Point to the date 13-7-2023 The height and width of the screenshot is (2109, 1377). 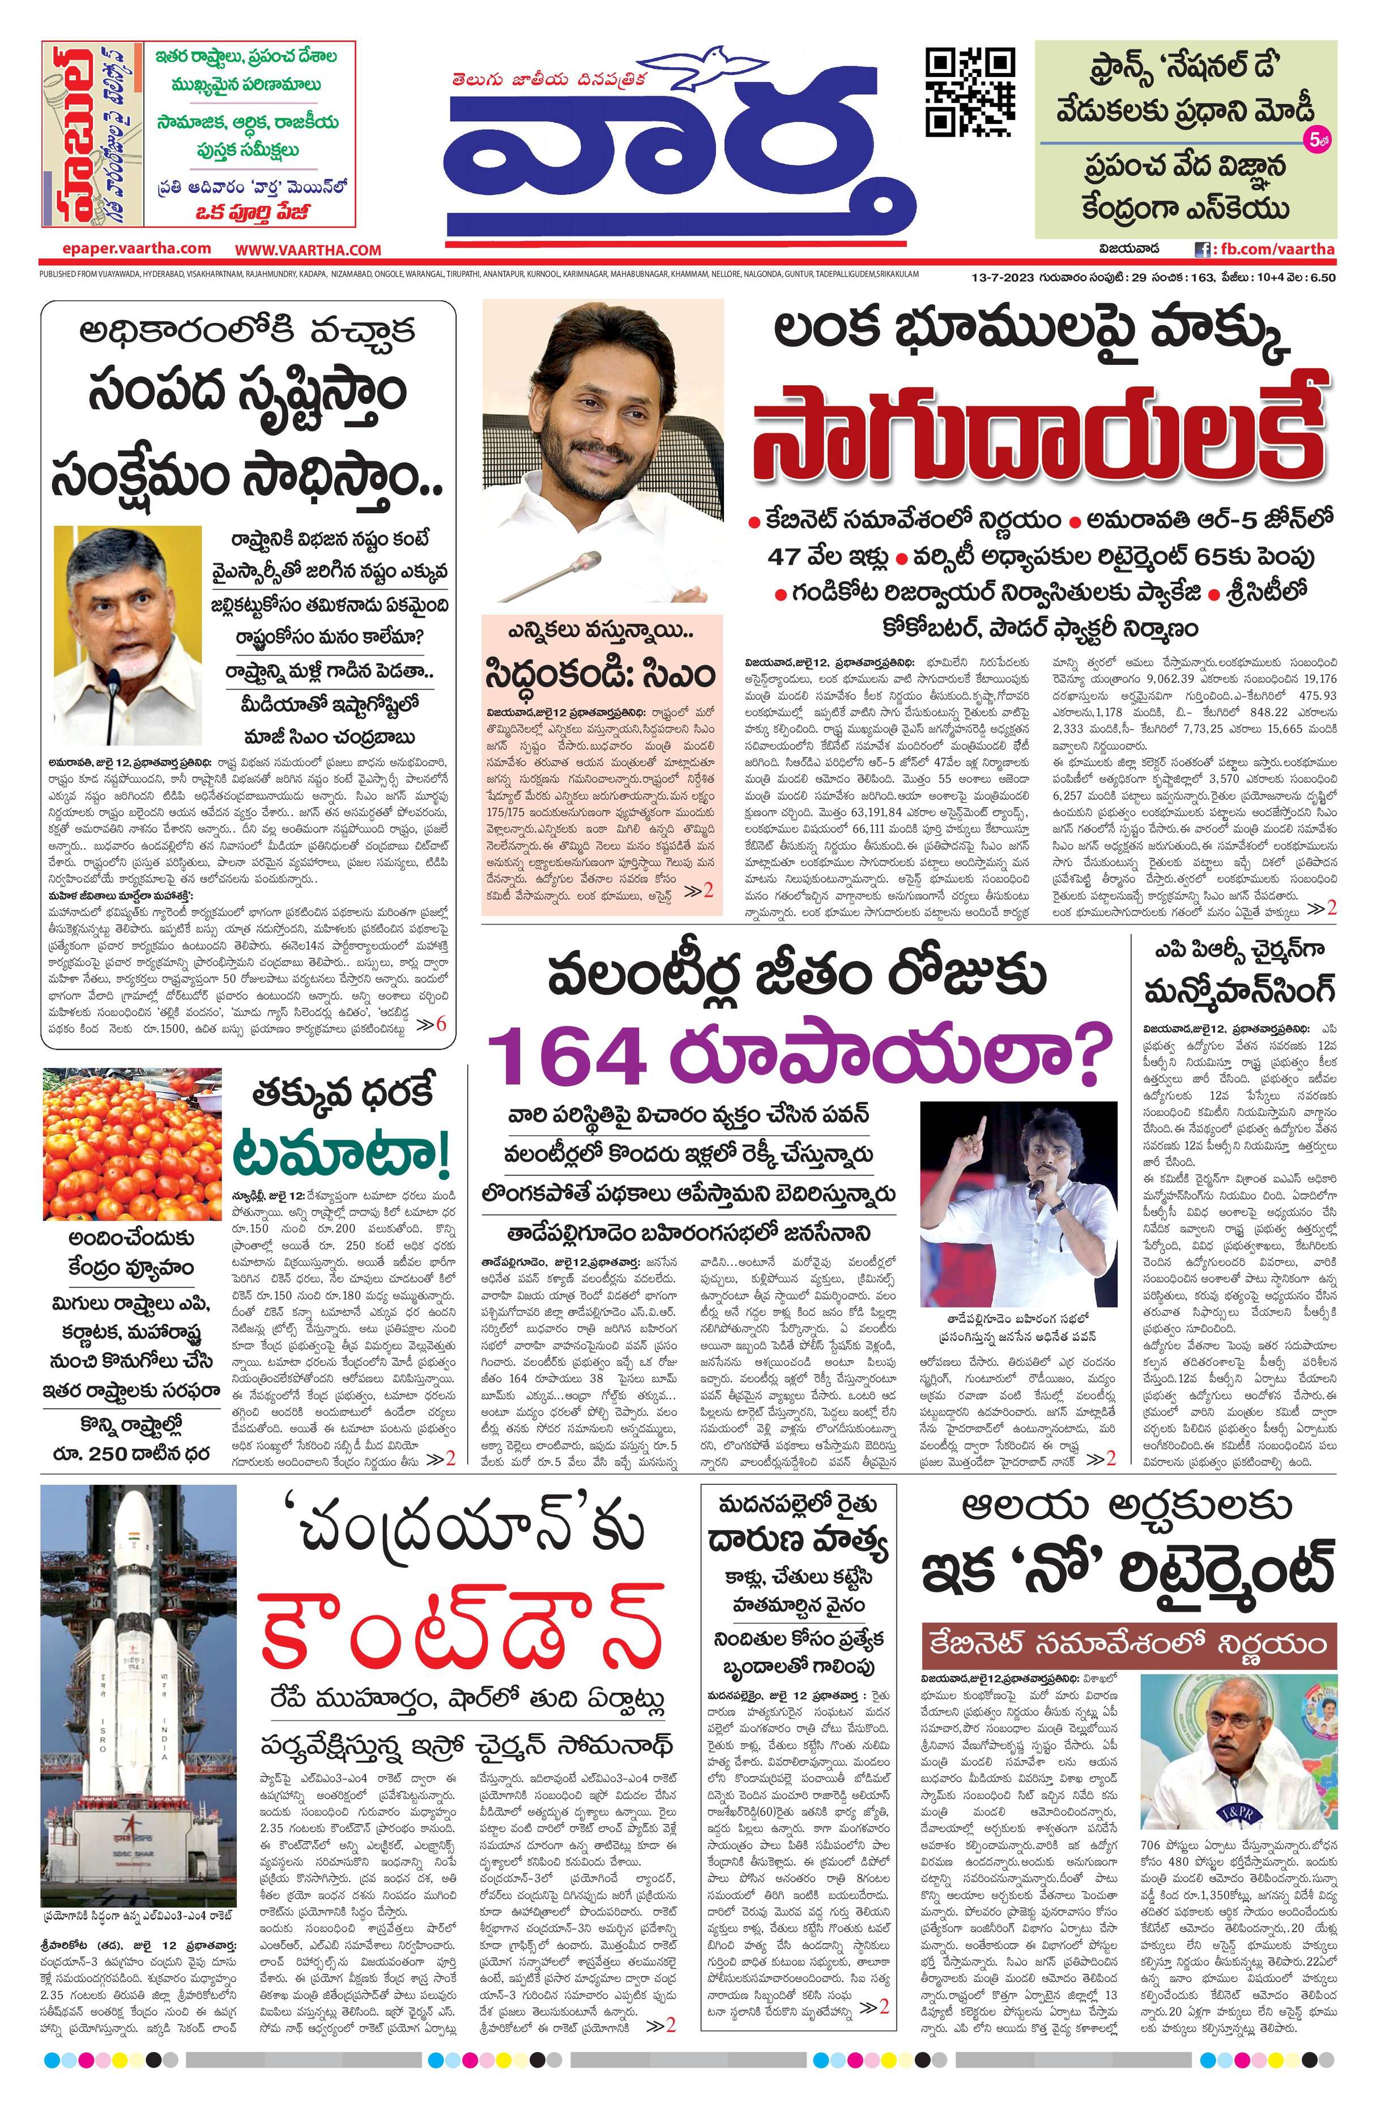coord(1000,276)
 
